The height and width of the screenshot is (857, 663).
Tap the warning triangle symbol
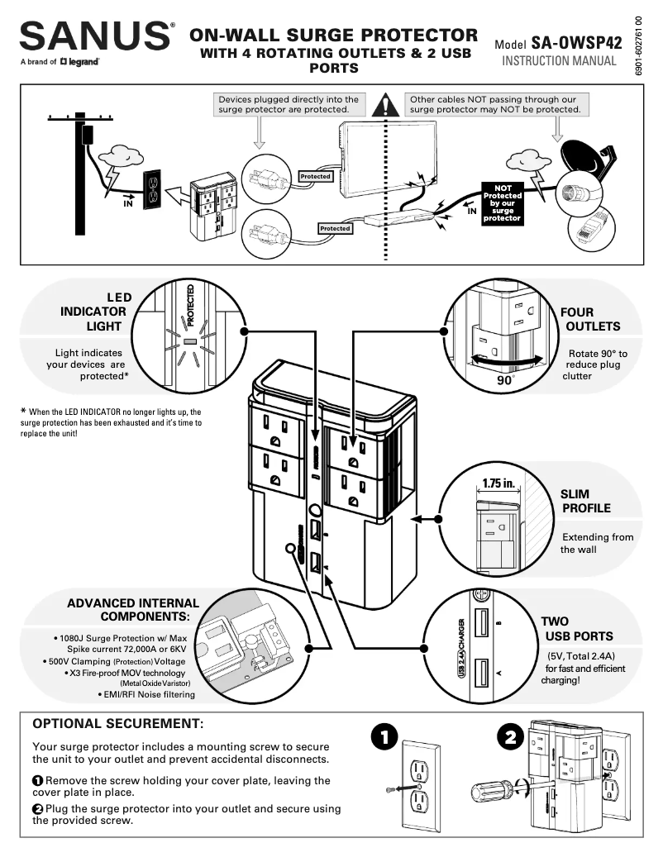tap(385, 105)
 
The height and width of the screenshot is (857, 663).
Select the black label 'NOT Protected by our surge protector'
tap(502, 202)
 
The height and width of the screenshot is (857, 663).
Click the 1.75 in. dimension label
tap(498, 483)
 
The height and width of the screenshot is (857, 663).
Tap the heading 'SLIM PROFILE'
tap(586, 501)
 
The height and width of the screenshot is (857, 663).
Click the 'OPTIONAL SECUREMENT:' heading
tap(117, 724)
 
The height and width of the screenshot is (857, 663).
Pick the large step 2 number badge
tap(510, 736)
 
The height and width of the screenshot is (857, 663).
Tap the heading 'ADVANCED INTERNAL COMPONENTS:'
tap(133, 610)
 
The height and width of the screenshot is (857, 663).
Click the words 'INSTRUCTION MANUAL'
tap(559, 61)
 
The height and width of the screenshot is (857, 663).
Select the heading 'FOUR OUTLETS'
tap(589, 319)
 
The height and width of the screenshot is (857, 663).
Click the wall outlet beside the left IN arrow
tap(151, 190)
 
